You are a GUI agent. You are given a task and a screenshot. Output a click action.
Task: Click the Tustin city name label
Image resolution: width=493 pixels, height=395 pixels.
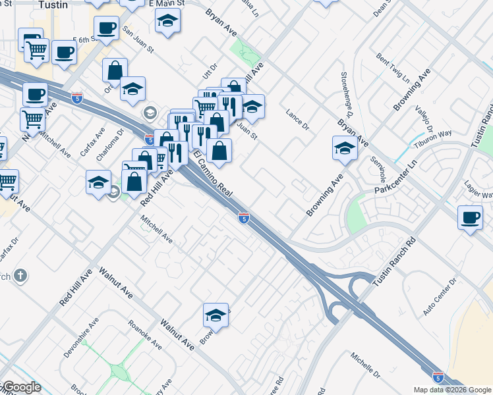point(54,5)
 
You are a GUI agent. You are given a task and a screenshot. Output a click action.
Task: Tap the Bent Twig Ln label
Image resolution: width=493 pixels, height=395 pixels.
point(393,68)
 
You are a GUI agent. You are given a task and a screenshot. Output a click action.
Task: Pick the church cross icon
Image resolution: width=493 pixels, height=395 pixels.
point(20,275)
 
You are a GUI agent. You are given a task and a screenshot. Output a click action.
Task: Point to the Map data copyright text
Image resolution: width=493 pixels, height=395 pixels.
point(452,390)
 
